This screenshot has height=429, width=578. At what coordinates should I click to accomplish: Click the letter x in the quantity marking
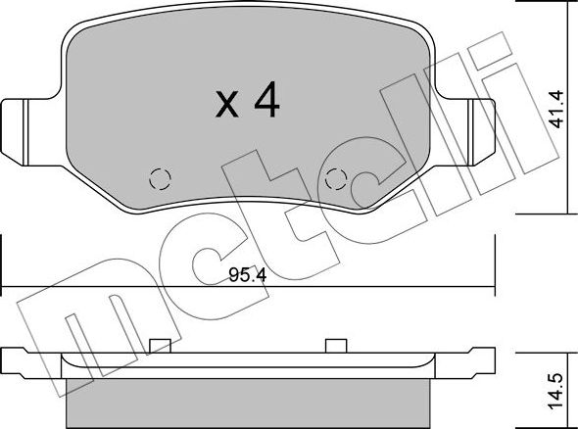click(x=226, y=106)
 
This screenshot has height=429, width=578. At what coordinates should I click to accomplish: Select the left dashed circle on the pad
click(x=157, y=179)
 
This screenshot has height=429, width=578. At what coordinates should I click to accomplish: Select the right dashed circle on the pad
click(x=336, y=179)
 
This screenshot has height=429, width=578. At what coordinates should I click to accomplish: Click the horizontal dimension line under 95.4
click(x=245, y=286)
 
